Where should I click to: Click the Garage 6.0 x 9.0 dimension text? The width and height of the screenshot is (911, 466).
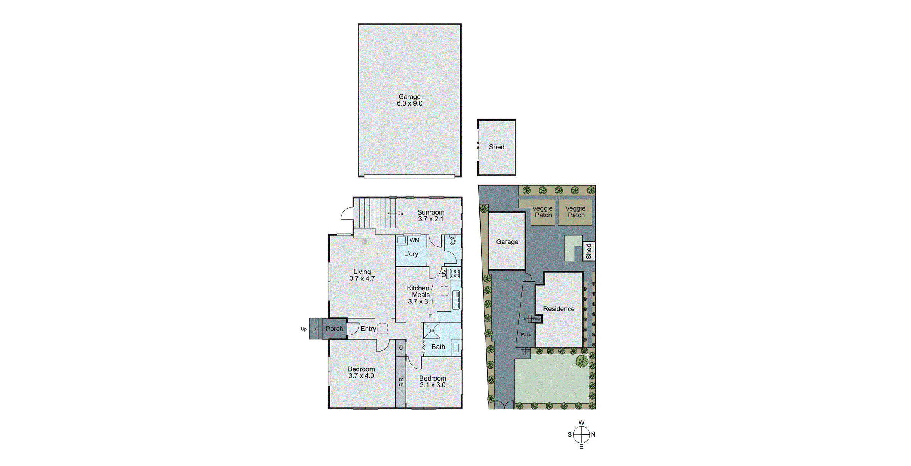pos(409,103)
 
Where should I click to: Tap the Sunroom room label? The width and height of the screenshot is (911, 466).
pos(430,212)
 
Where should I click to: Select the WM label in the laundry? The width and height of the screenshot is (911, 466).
pos(414,240)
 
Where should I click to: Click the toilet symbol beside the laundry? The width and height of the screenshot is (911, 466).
pos(453,241)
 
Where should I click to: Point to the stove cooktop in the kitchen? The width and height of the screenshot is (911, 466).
pos(455,273)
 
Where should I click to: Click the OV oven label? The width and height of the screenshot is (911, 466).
pos(444,273)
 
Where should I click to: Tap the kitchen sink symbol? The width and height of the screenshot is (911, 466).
pos(456,300)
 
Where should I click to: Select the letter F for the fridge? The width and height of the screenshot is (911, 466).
pos(430,316)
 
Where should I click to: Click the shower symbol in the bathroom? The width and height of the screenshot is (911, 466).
pos(432,330)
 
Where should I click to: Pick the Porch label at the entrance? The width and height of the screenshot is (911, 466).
pos(334,329)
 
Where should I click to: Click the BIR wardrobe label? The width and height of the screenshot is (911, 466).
pos(401,382)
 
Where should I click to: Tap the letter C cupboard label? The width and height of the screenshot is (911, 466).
pos(401,348)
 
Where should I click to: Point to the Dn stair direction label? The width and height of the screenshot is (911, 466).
pos(400,213)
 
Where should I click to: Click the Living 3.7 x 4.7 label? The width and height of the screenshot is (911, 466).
pos(362,275)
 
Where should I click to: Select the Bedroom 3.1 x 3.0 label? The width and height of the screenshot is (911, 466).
pos(432,382)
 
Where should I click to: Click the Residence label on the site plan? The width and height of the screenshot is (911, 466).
pos(558,309)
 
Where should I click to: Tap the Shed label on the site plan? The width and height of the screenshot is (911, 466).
pos(589,251)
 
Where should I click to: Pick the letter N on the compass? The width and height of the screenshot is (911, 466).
pos(593,435)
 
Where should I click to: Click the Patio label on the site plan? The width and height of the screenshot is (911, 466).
pos(526,334)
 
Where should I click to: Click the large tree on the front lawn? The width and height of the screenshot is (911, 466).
pos(582,361)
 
